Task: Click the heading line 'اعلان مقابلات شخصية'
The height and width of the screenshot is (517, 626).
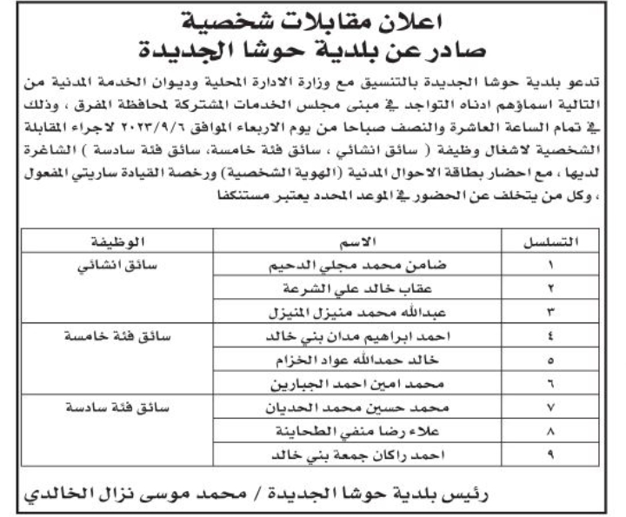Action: tap(313, 19)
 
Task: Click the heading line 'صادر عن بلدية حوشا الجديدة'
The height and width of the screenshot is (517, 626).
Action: tap(313, 50)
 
